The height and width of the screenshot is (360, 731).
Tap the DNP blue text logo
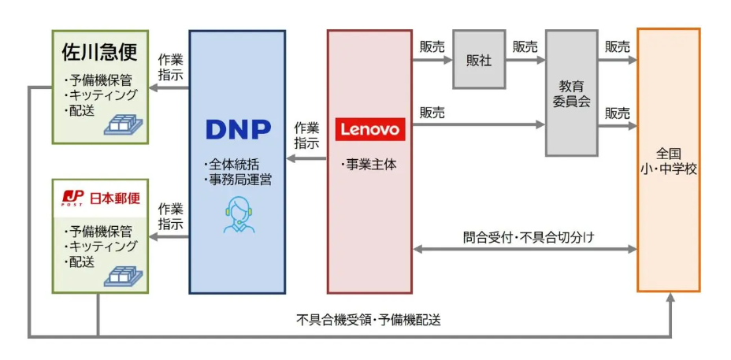point(237,129)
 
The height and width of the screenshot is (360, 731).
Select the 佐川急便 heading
point(99,52)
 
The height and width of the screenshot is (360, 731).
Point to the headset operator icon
point(237,214)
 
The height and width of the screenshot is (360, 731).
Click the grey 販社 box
point(478,61)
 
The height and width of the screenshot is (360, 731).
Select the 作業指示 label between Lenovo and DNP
point(306,135)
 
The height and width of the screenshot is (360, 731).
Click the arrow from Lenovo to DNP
point(306,158)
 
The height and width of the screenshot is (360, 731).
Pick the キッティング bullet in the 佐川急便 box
point(101,95)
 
